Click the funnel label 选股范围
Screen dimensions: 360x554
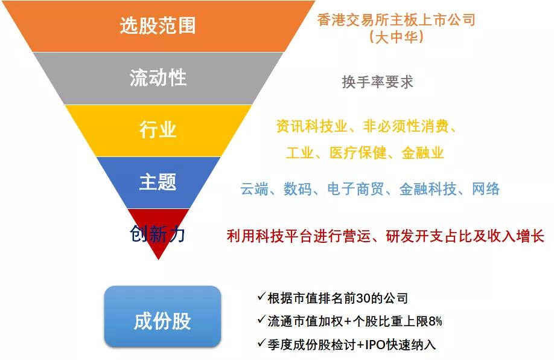(158, 25)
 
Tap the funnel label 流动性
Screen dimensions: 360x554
(158, 78)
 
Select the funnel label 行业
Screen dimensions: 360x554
(158, 129)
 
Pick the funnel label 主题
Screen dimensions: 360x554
(158, 182)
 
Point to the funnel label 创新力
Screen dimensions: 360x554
(158, 234)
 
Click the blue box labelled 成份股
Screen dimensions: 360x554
(162, 321)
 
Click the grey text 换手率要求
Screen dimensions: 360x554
(377, 82)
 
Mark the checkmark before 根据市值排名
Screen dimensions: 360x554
(261, 297)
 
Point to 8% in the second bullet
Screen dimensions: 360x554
(436, 321)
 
